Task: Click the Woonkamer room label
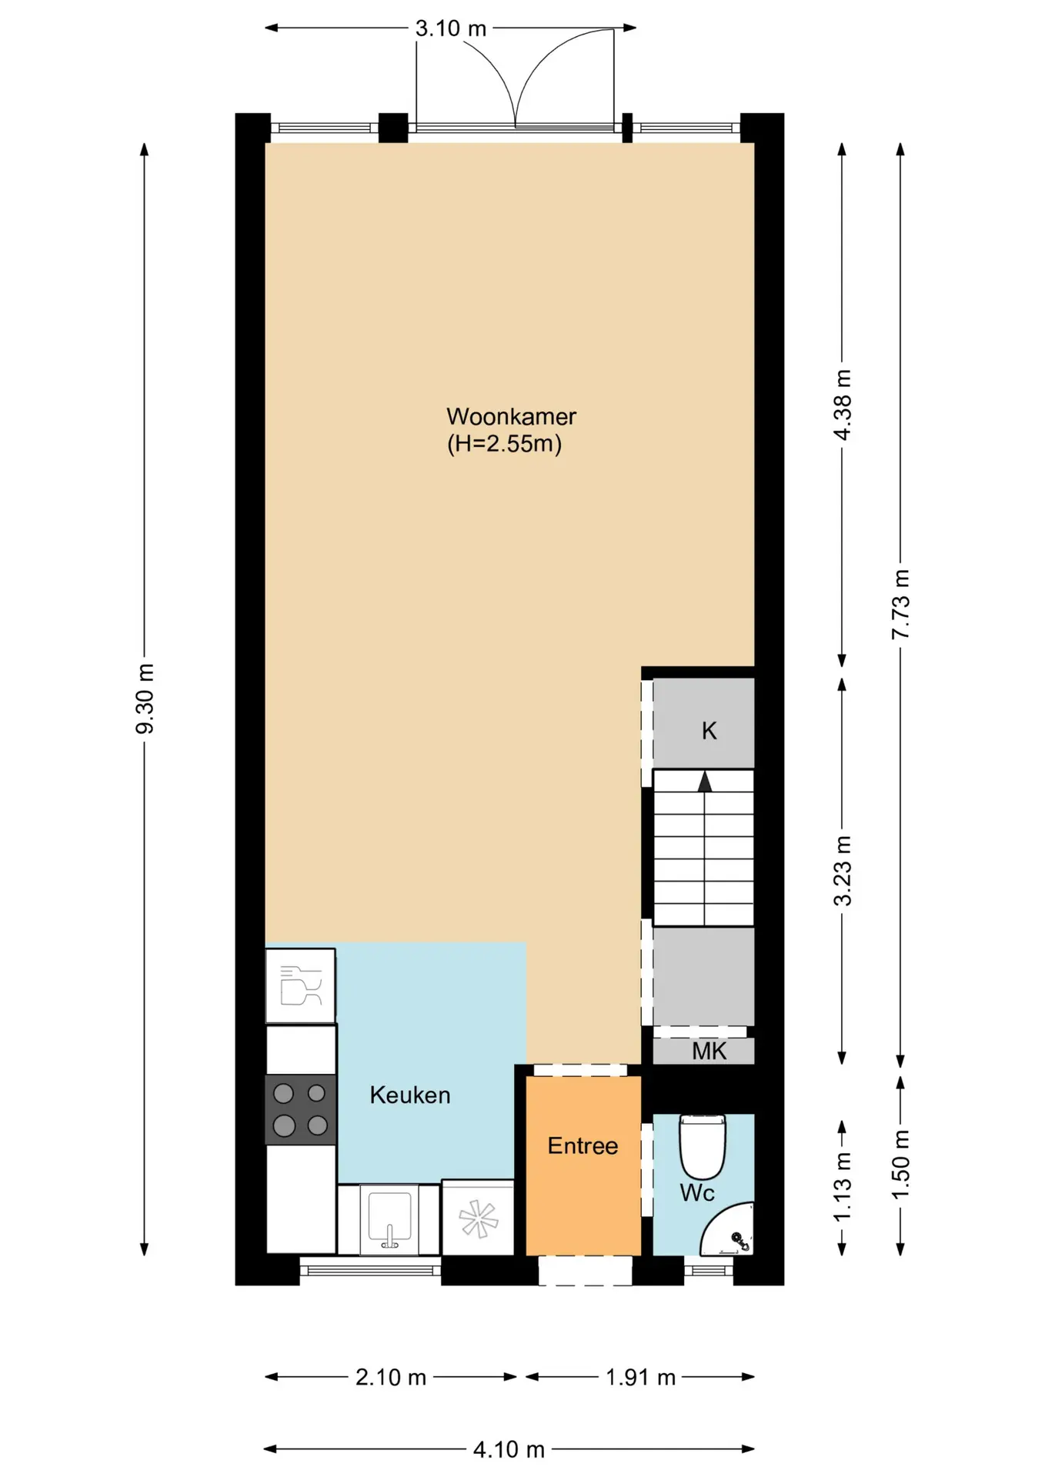click(x=511, y=416)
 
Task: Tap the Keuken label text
click(x=410, y=1095)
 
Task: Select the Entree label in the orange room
click(x=583, y=1145)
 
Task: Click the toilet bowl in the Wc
click(x=703, y=1146)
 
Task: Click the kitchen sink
click(x=389, y=1219)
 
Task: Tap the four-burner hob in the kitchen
click(x=301, y=1109)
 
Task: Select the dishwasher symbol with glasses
click(x=301, y=985)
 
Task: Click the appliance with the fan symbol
click(x=478, y=1218)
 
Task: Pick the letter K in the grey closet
click(x=709, y=730)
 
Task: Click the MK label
click(x=709, y=1051)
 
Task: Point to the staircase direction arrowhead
click(x=704, y=782)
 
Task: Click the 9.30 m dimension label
click(x=145, y=698)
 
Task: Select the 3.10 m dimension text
click(x=451, y=28)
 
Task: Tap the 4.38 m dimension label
click(x=843, y=405)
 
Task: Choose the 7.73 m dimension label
click(x=900, y=604)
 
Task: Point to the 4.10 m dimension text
click(x=509, y=1449)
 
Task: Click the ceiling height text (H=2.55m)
click(x=505, y=444)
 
